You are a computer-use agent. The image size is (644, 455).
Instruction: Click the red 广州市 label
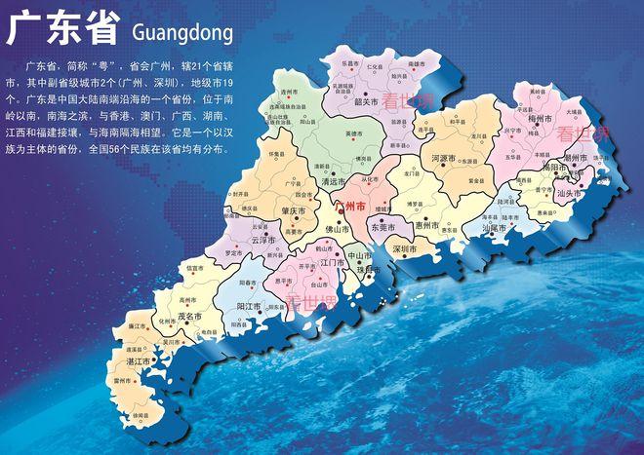pos(349,208)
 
